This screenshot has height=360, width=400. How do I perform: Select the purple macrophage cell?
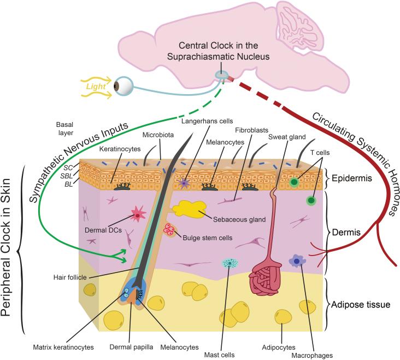[x=297, y=262]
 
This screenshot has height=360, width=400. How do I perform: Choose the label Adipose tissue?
[x=360, y=304]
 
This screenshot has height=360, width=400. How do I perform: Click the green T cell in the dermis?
[x=312, y=201]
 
